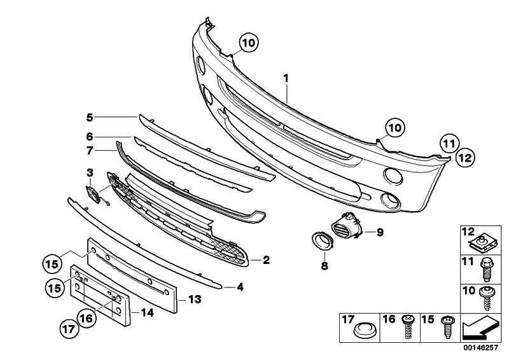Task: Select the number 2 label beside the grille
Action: [x=266, y=260]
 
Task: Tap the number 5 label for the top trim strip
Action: [x=90, y=117]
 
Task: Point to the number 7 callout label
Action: [x=90, y=151]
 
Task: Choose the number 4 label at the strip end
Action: [x=239, y=287]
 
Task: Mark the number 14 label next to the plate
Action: [x=147, y=312]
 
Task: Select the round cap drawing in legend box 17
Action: [x=365, y=331]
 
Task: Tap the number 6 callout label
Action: [x=90, y=135]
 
